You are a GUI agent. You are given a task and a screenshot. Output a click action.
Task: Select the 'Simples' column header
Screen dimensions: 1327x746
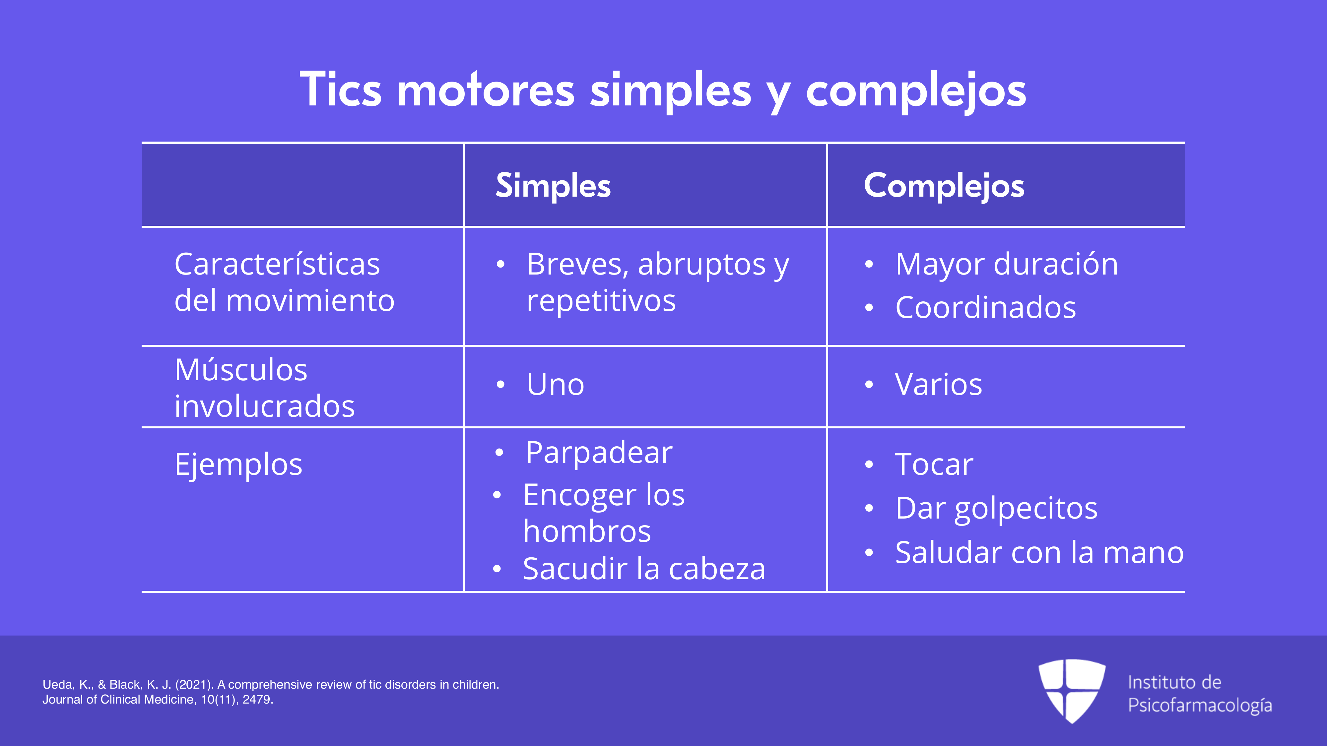click(553, 186)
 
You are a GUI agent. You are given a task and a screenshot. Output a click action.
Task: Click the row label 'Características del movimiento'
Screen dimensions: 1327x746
click(284, 282)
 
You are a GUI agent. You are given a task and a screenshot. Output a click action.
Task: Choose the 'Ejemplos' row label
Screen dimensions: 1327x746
click(238, 465)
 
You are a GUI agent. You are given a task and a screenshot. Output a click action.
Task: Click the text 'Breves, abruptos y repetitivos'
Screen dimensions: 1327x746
click(658, 282)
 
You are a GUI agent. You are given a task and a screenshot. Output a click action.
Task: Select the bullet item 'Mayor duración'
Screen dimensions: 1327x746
click(1007, 264)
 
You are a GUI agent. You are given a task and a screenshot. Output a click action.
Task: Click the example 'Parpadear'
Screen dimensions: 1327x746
click(599, 453)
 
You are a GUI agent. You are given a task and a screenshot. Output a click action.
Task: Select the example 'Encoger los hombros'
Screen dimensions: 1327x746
click(604, 513)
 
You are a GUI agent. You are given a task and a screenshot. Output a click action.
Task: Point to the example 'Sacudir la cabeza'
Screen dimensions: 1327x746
click(644, 569)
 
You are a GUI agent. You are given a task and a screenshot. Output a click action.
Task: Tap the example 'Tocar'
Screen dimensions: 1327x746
click(934, 465)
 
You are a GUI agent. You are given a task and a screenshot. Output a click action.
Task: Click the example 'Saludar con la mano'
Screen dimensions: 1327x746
click(1039, 552)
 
